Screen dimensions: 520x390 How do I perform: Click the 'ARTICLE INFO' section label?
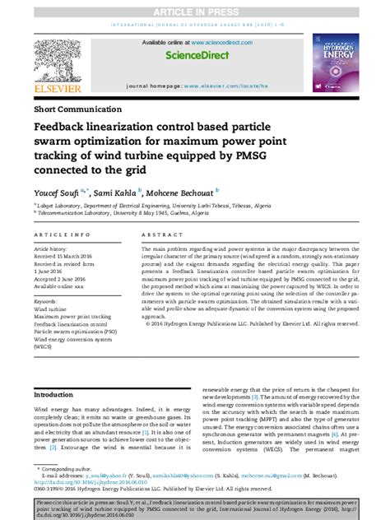pos(63,235)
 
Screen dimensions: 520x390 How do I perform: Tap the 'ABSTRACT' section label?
pos(162,235)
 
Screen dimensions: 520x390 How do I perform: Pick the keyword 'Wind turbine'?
pos(53,310)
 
